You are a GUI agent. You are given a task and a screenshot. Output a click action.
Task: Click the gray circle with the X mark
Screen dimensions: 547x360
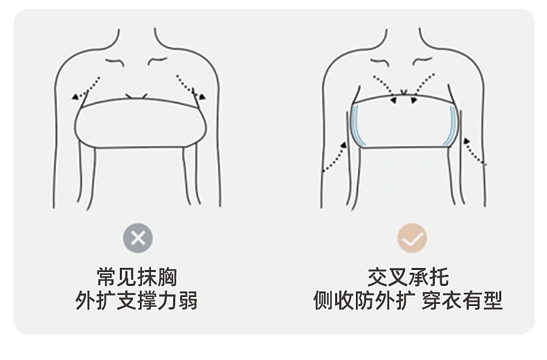pyautogui.click(x=138, y=238)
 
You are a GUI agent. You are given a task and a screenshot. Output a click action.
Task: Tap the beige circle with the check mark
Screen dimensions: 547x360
pyautogui.click(x=412, y=238)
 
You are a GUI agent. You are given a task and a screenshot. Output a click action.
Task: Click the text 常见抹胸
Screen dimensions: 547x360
pyautogui.click(x=137, y=277)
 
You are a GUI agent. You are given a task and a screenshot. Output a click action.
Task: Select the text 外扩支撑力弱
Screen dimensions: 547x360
pyautogui.click(x=137, y=301)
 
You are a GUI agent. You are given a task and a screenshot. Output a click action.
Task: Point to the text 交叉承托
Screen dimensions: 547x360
pyautogui.click(x=408, y=277)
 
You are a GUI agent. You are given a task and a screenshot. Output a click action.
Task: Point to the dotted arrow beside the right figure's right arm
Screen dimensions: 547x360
pyautogui.click(x=476, y=152)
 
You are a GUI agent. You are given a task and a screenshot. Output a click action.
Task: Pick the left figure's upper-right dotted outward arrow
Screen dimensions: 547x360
pyautogui.click(x=189, y=86)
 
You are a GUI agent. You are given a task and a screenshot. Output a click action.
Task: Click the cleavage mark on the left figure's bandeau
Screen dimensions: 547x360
pyautogui.click(x=136, y=95)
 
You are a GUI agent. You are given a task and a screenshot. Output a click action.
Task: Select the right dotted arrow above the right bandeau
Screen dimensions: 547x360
pyautogui.click(x=424, y=87)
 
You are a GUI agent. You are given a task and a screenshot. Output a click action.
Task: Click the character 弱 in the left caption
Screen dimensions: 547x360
pyautogui.click(x=188, y=301)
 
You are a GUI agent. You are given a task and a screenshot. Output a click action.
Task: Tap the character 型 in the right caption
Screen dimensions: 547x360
pyautogui.click(x=493, y=301)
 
